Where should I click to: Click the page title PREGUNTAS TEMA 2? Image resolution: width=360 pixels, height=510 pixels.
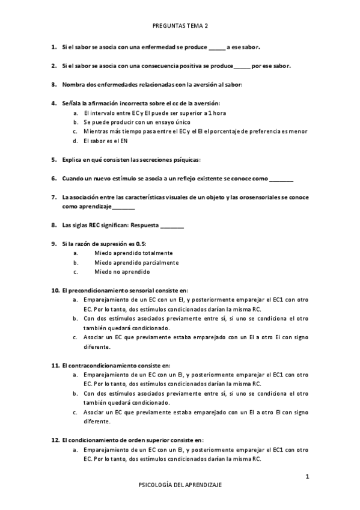[180, 26]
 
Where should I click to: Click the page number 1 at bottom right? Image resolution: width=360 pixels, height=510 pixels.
[307, 476]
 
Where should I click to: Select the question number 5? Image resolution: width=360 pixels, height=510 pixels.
[54, 159]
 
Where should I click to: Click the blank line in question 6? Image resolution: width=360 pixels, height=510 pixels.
[282, 179]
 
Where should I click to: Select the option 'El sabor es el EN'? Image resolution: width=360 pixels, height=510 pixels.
[106, 141]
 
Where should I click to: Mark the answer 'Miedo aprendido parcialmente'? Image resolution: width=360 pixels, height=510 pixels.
[136, 262]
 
